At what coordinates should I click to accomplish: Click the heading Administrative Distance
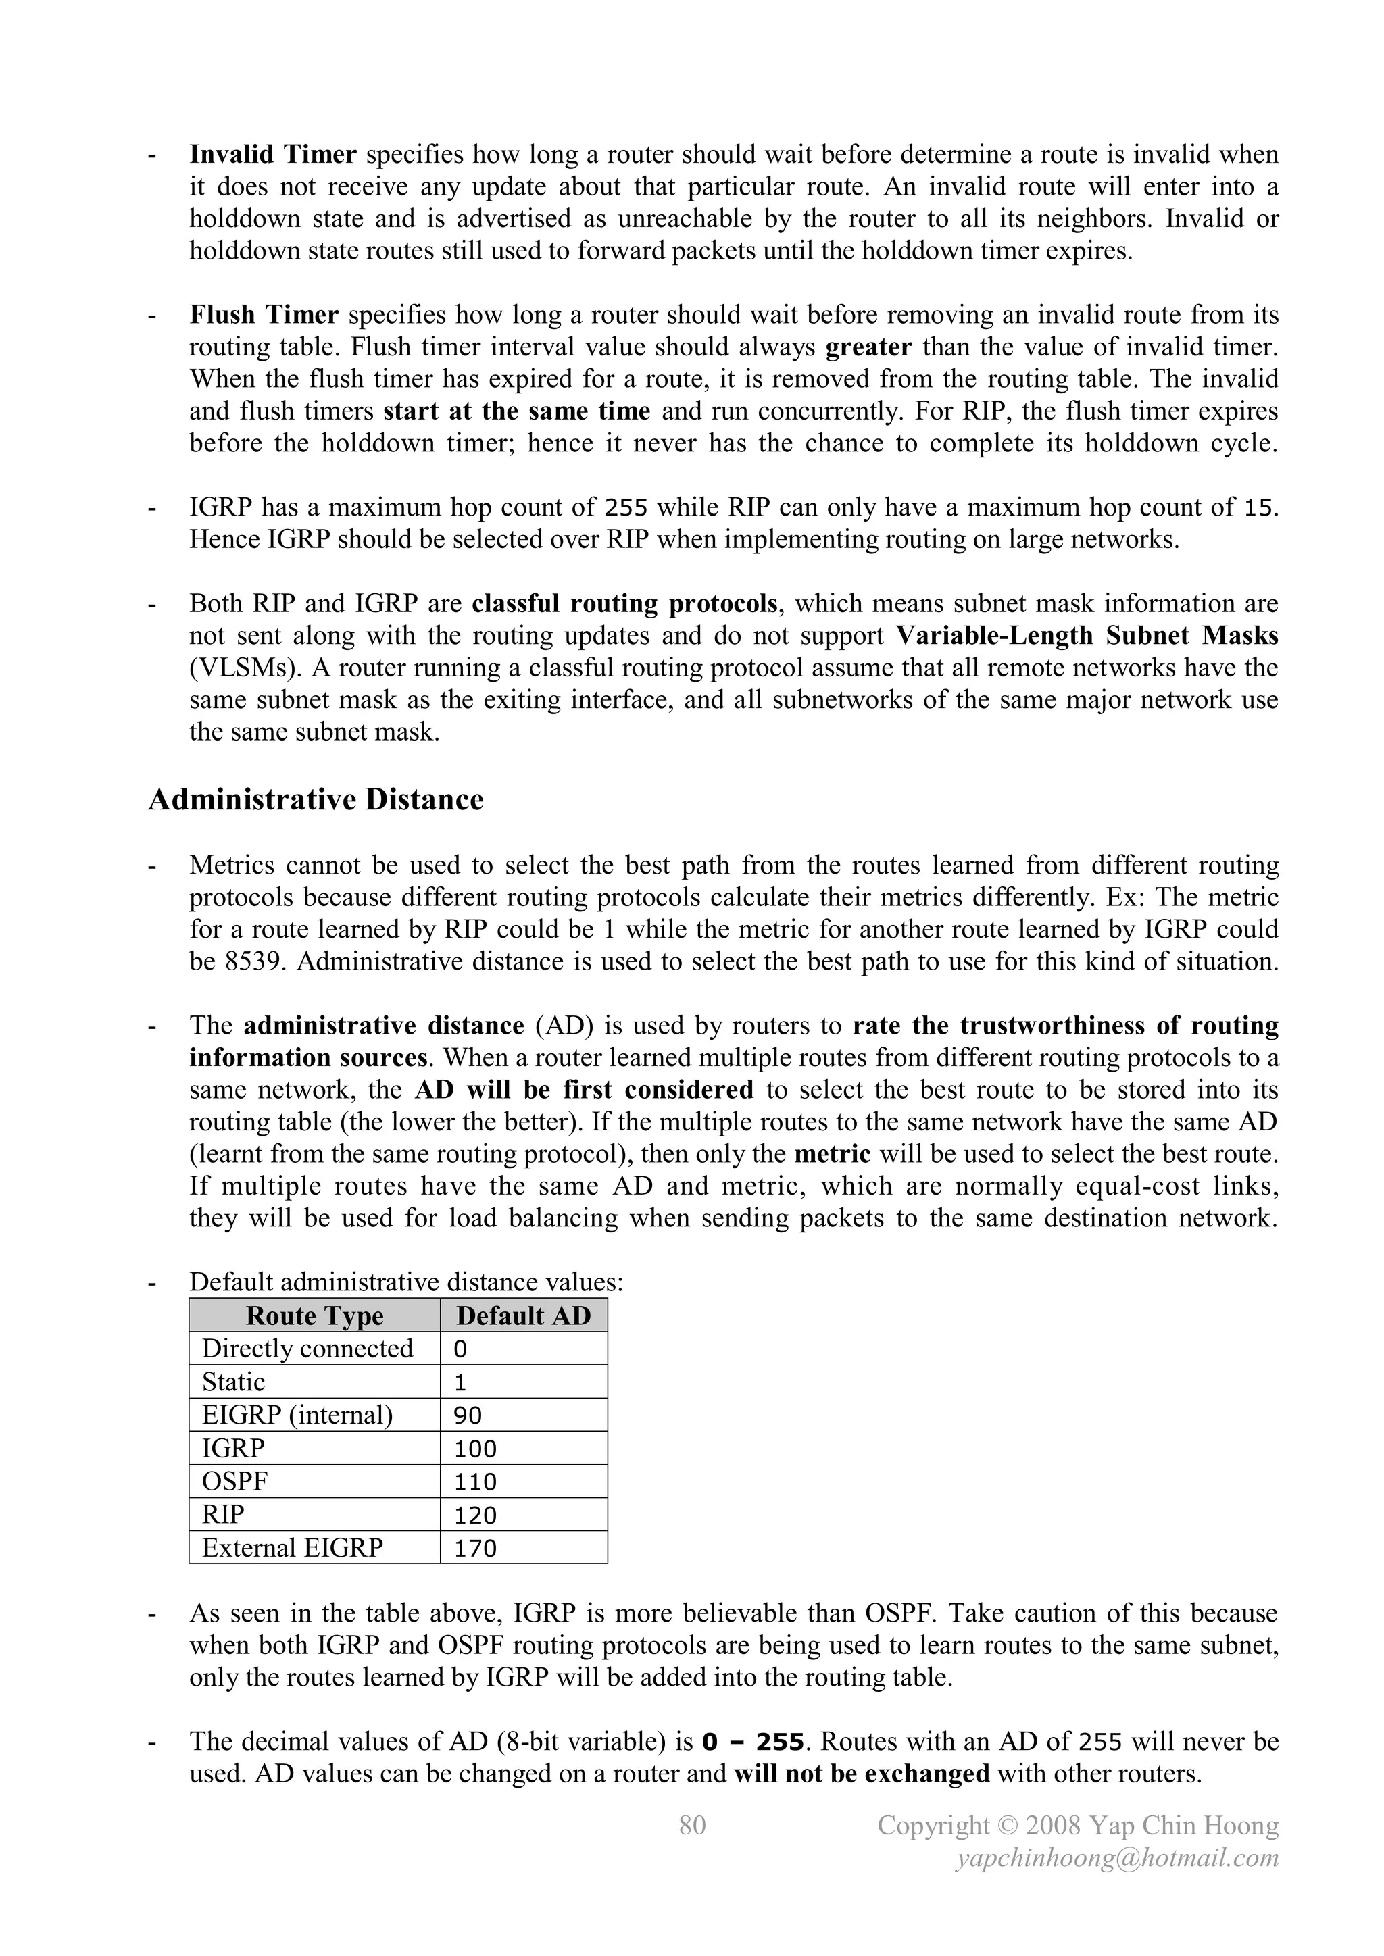pyautogui.click(x=316, y=800)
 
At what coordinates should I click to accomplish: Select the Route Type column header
pyautogui.click(x=314, y=1315)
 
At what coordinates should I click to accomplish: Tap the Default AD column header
pyautogui.click(x=523, y=1315)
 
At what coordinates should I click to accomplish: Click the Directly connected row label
pyautogui.click(x=307, y=1349)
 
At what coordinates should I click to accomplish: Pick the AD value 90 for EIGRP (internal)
pyautogui.click(x=468, y=1416)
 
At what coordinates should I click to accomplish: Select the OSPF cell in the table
pyautogui.click(x=234, y=1482)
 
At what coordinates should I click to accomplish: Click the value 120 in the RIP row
pyautogui.click(x=474, y=1515)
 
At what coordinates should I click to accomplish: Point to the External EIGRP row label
pyautogui.click(x=293, y=1547)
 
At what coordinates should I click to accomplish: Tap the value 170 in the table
pyautogui.click(x=474, y=1548)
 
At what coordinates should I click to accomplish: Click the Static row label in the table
pyautogui.click(x=234, y=1382)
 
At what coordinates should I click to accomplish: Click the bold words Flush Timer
pyautogui.click(x=264, y=316)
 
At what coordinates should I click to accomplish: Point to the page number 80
pyautogui.click(x=693, y=1825)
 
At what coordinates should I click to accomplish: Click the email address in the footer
pyautogui.click(x=1117, y=1858)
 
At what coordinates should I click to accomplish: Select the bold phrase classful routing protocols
pyautogui.click(x=624, y=603)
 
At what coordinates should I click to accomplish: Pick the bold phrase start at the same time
pyautogui.click(x=516, y=411)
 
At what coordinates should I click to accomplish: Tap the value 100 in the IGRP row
pyautogui.click(x=474, y=1449)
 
